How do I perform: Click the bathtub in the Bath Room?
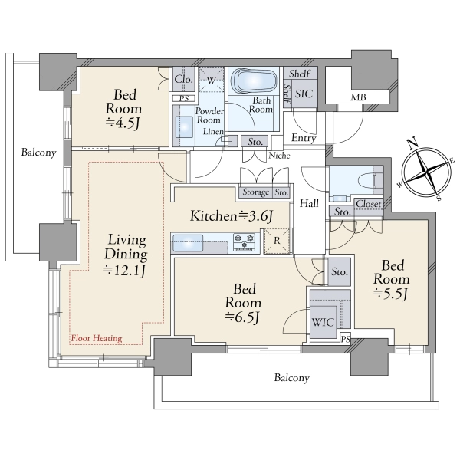click(x=254, y=80)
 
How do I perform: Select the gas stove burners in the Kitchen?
click(x=244, y=242)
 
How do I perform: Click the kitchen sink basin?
click(x=188, y=242)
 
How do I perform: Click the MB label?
click(x=358, y=97)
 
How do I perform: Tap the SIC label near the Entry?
click(x=304, y=94)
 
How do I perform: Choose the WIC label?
click(x=323, y=323)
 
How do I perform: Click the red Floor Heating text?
click(x=97, y=338)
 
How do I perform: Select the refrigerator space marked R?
click(x=277, y=241)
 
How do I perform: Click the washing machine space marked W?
click(x=212, y=80)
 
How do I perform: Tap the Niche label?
click(x=279, y=156)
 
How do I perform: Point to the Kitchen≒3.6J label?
click(x=232, y=216)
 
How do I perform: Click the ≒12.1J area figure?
click(x=124, y=271)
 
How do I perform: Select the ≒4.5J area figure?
click(x=123, y=123)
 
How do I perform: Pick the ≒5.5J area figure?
click(x=391, y=294)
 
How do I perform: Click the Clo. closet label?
click(x=184, y=79)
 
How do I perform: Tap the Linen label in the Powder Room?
click(x=213, y=132)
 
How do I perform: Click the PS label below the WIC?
click(x=346, y=339)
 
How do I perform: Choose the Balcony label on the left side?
click(x=39, y=153)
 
